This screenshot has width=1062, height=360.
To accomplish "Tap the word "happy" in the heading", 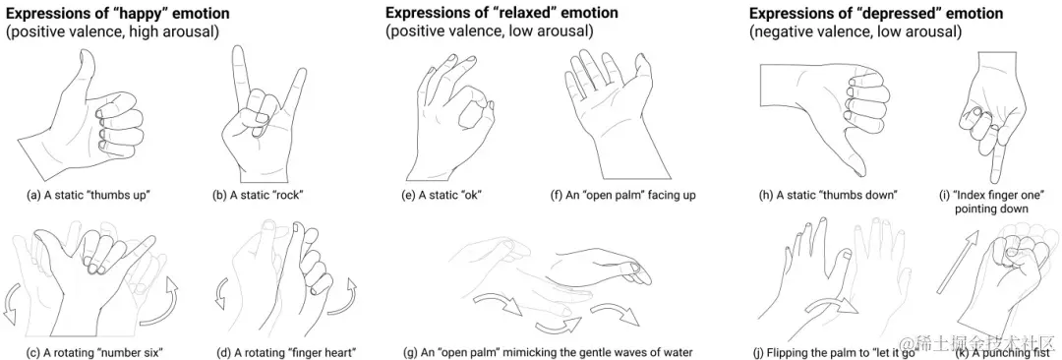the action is point(136,13).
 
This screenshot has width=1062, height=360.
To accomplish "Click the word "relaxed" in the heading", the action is point(519,13).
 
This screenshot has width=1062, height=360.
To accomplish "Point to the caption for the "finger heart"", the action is point(285,352).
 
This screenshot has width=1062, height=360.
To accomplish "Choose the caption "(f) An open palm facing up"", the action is point(623,196).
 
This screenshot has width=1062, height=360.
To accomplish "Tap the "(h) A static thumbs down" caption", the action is point(829,196).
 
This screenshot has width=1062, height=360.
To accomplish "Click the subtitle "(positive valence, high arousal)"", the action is point(112,31).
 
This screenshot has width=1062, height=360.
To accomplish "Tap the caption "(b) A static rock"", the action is point(258,196).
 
